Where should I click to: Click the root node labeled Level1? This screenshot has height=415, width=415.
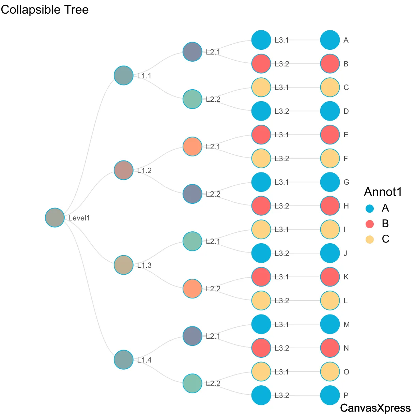(55, 217)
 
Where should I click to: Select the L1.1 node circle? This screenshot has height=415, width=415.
(124, 75)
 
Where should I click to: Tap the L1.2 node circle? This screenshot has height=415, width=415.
(124, 170)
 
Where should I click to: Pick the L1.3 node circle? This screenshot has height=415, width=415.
(124, 265)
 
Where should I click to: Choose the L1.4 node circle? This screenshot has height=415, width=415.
(124, 359)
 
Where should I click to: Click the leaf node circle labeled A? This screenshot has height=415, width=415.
(330, 40)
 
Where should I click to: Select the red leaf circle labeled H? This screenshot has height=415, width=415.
(330, 206)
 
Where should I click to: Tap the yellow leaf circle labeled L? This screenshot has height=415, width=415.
(330, 301)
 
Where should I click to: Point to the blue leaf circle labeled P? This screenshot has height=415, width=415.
(330, 395)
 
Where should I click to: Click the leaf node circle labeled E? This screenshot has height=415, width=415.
(330, 135)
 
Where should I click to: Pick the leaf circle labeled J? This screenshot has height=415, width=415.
(330, 253)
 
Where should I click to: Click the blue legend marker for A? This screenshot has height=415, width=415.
(370, 208)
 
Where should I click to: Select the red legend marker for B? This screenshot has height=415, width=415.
(370, 224)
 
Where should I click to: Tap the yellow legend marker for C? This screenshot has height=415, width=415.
(370, 239)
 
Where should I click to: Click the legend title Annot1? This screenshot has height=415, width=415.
(383, 192)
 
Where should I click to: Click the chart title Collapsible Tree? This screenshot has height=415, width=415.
(45, 10)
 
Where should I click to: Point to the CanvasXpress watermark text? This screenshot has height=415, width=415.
(375, 408)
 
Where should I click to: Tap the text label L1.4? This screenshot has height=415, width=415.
(144, 360)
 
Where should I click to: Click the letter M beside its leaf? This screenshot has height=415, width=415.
(347, 324)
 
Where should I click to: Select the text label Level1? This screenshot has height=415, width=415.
(79, 218)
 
